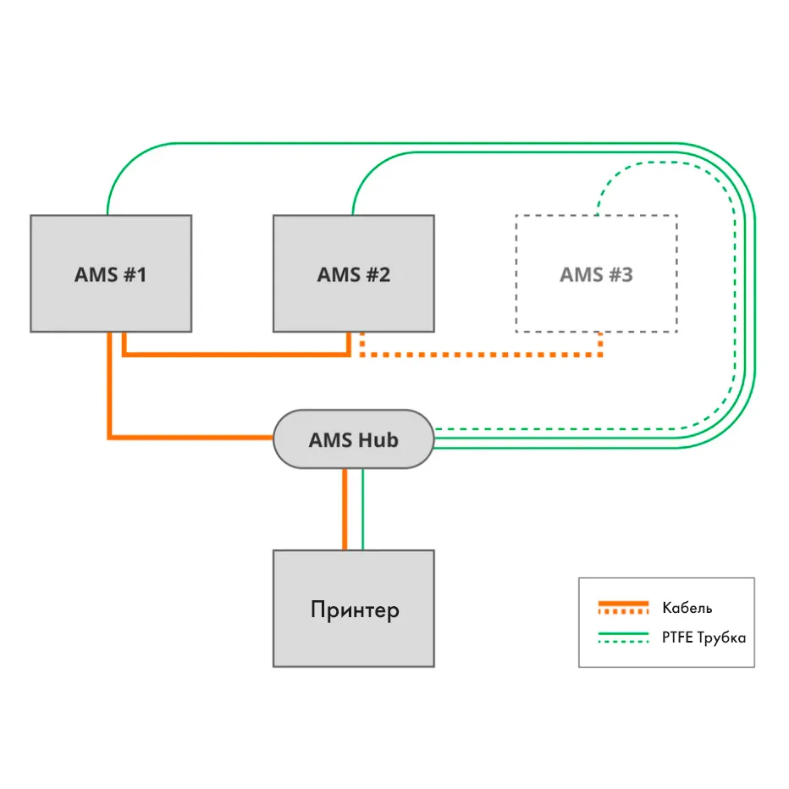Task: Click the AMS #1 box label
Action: [110, 274]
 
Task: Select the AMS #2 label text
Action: [353, 274]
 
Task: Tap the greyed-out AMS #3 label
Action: [596, 274]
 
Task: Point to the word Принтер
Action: [354, 610]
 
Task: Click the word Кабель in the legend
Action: [687, 608]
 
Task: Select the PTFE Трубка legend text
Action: [703, 637]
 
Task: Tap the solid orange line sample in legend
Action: [623, 604]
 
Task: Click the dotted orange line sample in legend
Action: [623, 612]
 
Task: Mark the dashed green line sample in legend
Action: [623, 643]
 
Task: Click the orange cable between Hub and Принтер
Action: [345, 508]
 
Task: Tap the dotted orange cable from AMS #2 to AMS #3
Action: [483, 355]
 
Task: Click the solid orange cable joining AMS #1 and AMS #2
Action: [237, 355]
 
